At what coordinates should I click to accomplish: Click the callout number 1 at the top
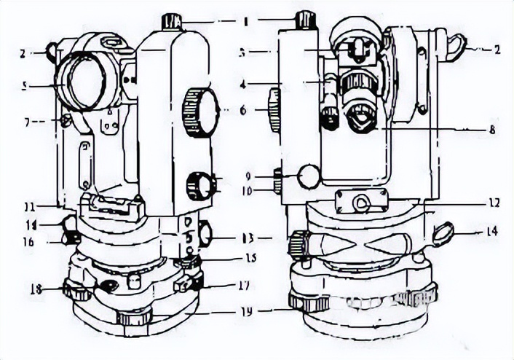point(246,21)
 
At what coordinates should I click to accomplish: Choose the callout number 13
point(247,238)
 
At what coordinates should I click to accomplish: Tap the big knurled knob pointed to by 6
point(200,111)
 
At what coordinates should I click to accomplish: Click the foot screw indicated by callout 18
point(76,291)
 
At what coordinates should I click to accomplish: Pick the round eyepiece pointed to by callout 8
point(362,117)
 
